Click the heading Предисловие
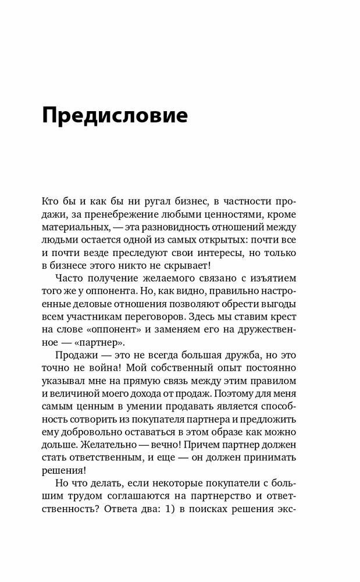115,116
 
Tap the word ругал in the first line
145,201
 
